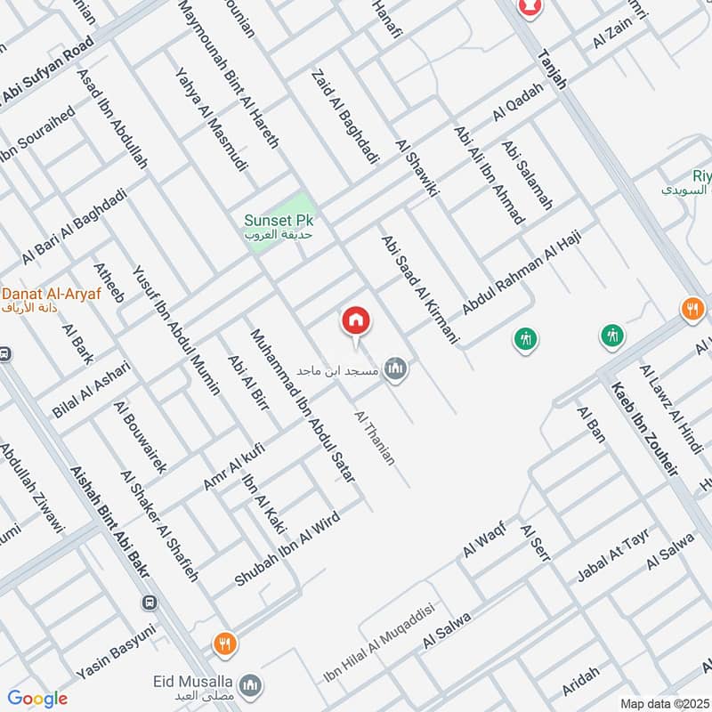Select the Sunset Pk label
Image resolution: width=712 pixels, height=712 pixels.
[x=280, y=219]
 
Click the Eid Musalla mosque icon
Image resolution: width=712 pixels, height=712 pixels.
[x=253, y=684]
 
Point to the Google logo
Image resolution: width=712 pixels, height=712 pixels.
[x=37, y=699]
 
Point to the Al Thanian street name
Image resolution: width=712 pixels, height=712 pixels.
[x=375, y=437]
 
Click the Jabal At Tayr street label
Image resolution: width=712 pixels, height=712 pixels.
[x=614, y=555]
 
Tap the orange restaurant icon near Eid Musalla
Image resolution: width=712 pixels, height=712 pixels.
[x=225, y=643]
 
